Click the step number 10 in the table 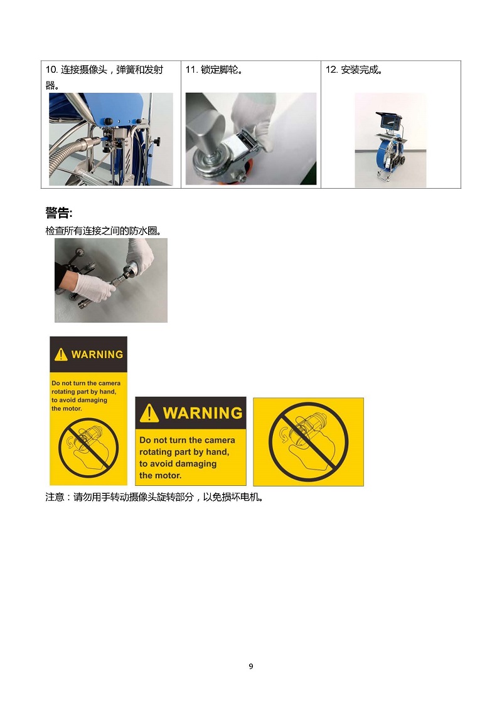coord(51,70)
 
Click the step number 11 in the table coord(191,70)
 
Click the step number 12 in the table coord(331,70)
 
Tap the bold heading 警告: coord(59,213)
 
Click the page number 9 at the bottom coord(251,666)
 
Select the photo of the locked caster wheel coord(251,139)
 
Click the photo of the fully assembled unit coord(390,140)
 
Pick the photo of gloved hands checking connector coord(111,280)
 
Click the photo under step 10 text coord(111,139)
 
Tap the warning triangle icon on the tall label coord(61,355)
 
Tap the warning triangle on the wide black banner coord(149,413)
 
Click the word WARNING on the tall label coord(97,355)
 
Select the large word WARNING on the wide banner coord(203,413)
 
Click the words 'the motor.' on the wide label coord(160,475)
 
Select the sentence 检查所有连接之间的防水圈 coord(104,231)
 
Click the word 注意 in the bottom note coord(55,497)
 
